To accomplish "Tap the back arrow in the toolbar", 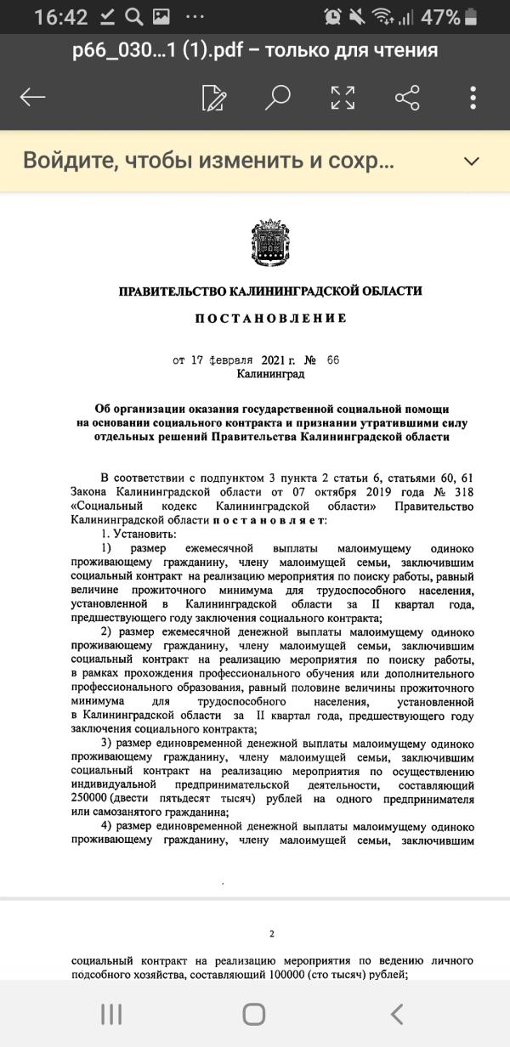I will pyautogui.click(x=32, y=97).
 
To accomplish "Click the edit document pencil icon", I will pyautogui.click(x=213, y=97).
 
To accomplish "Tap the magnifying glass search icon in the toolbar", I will pyautogui.click(x=277, y=97).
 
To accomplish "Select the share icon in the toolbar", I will pyautogui.click(x=408, y=97).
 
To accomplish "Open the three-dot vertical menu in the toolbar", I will pyautogui.click(x=473, y=97).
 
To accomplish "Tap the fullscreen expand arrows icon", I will pyautogui.click(x=343, y=97).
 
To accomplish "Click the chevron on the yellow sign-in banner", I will pyautogui.click(x=470, y=161).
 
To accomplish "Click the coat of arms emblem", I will pyautogui.click(x=271, y=243).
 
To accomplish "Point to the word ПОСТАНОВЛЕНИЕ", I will pyautogui.click(x=271, y=319).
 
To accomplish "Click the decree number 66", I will pyautogui.click(x=332, y=359).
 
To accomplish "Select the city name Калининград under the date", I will pyautogui.click(x=270, y=373).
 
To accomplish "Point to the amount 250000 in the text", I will pyautogui.click(x=93, y=800).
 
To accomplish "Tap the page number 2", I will pyautogui.click(x=272, y=934).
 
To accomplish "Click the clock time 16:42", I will pyautogui.click(x=60, y=17).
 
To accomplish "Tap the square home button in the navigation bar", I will pyautogui.click(x=253, y=1013).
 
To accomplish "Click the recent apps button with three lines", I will pyautogui.click(x=111, y=1013).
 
